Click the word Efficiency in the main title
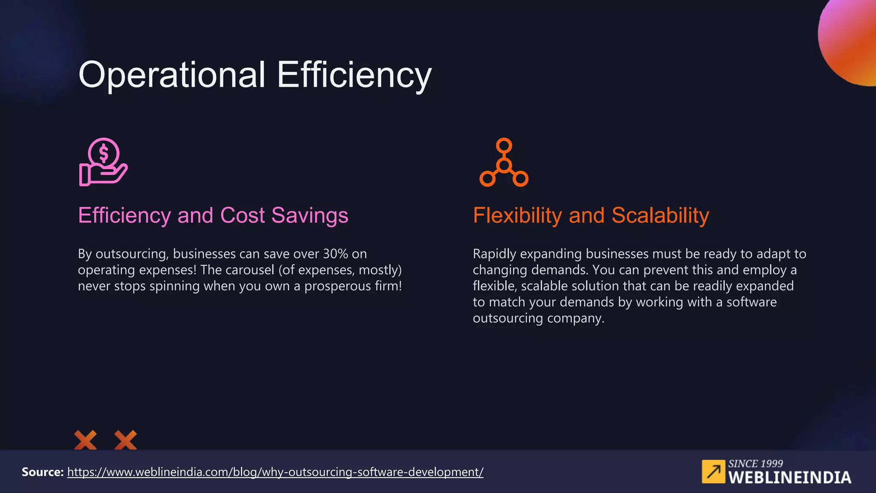354,75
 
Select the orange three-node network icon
504,163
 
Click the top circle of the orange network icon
504,146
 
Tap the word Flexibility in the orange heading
517,216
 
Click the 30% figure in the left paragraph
335,254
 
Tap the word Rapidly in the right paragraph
494,254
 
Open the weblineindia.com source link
275,472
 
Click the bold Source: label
42,472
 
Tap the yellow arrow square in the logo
713,472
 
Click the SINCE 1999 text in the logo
755,463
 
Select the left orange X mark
85,440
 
